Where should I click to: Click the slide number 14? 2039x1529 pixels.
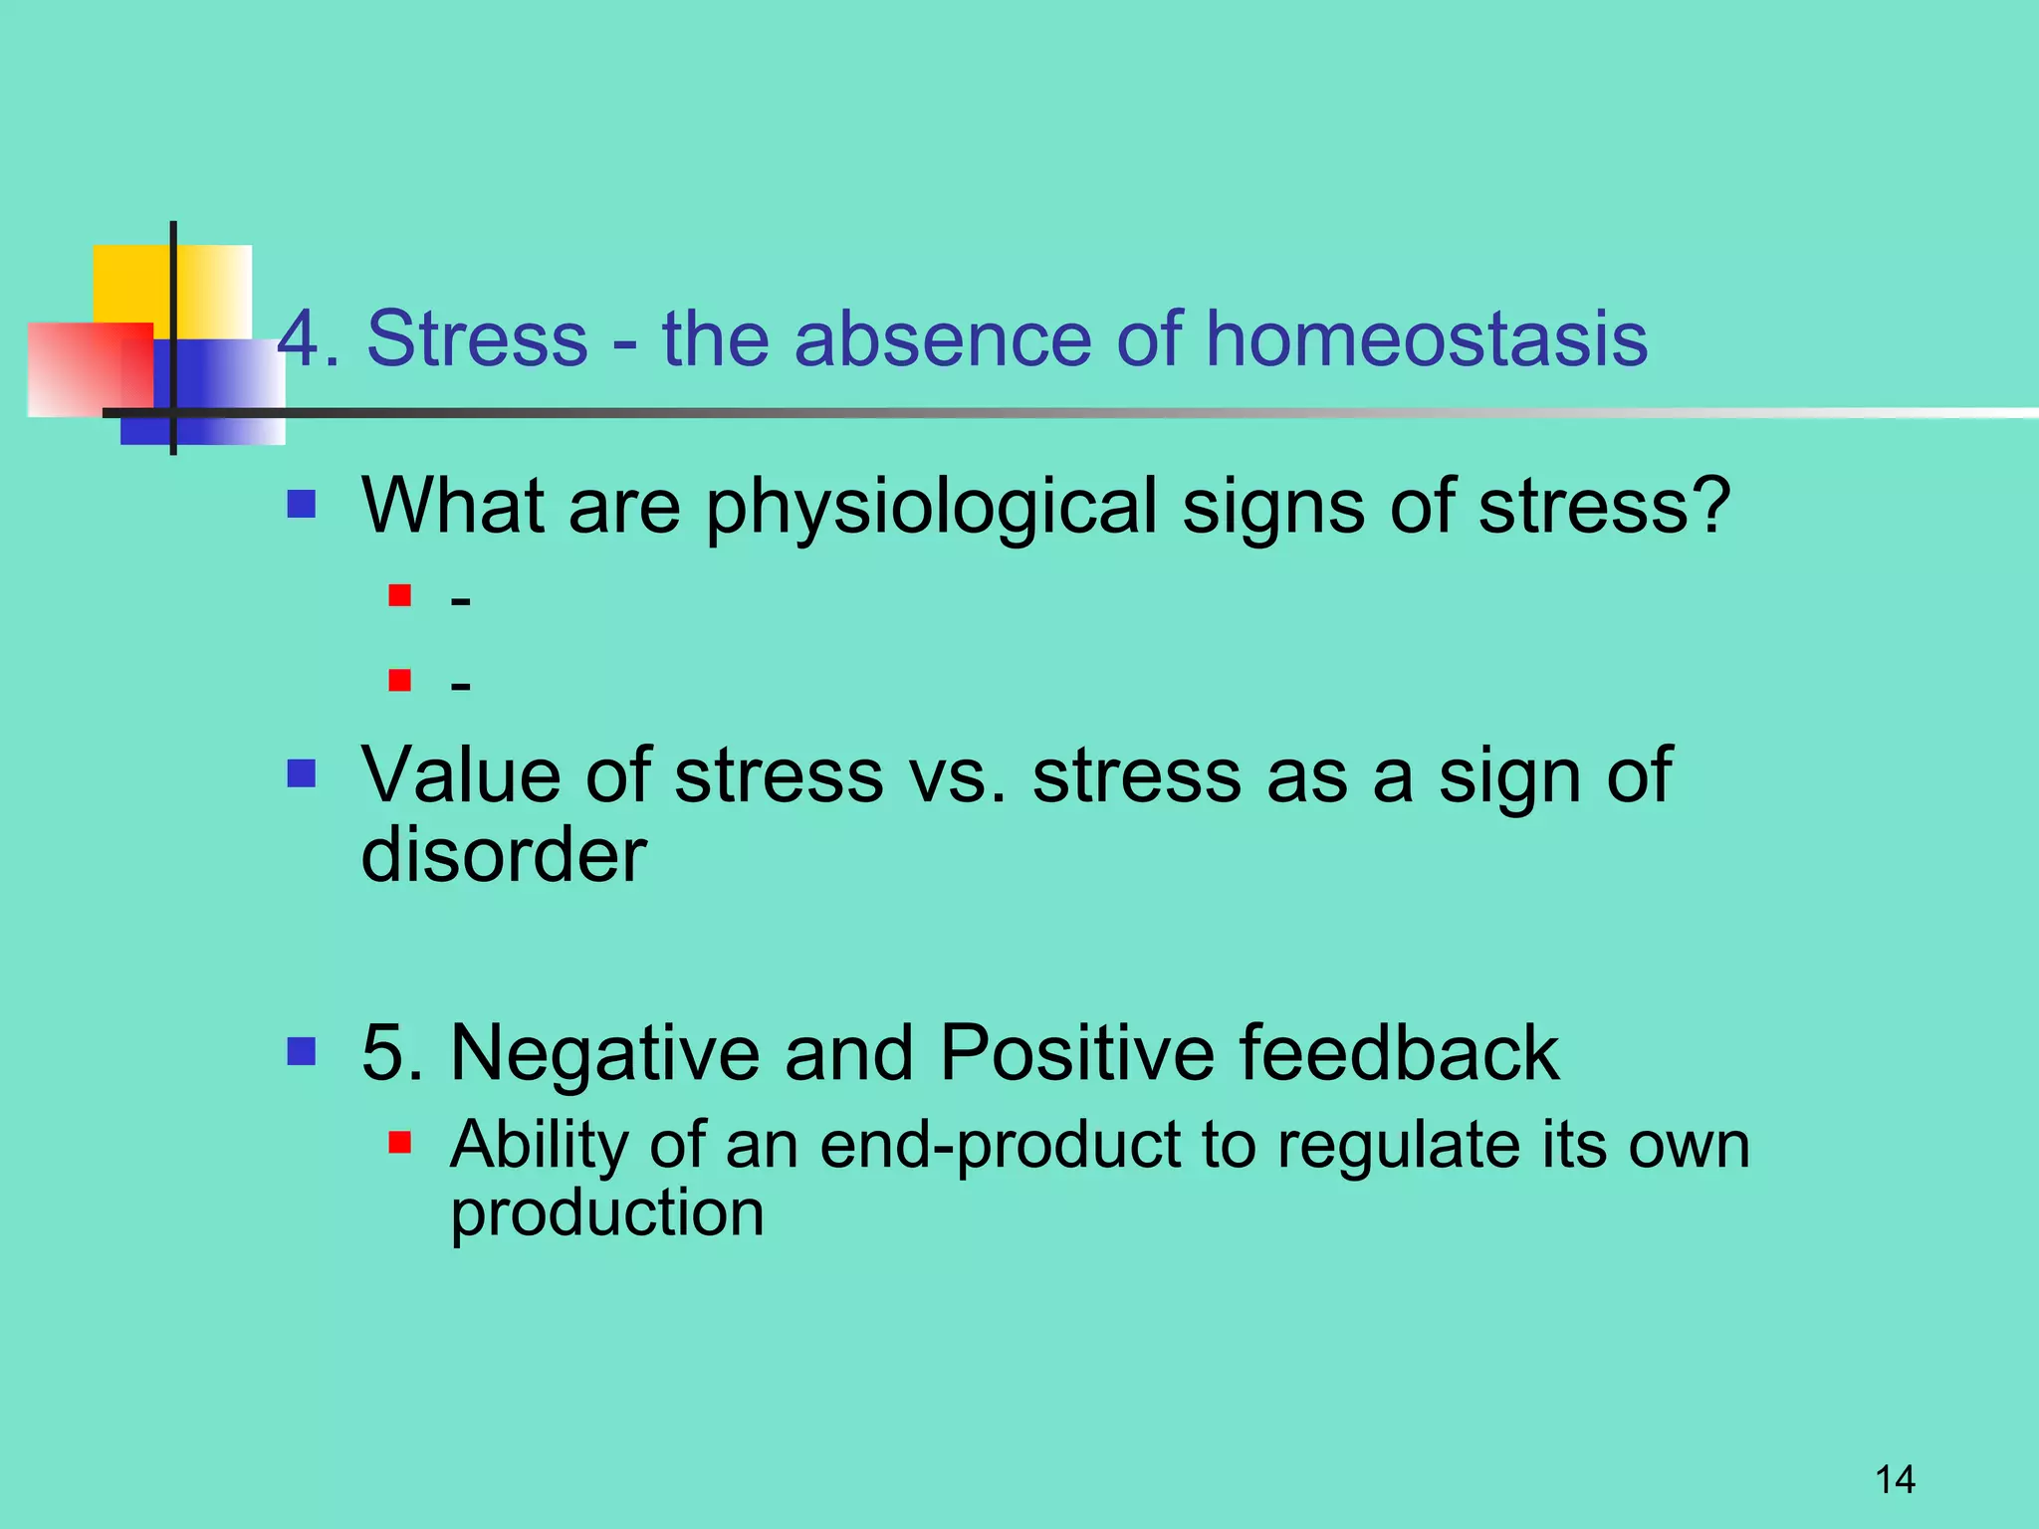point(1895,1479)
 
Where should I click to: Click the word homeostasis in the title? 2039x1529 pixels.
point(1426,339)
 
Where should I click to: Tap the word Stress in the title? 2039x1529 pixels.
point(477,339)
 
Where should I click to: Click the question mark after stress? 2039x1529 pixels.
point(1710,505)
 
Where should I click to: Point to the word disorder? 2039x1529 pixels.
point(503,855)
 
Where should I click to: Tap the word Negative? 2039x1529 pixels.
point(603,1054)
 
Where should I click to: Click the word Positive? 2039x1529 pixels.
point(1075,1053)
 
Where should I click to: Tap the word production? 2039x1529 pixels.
point(606,1214)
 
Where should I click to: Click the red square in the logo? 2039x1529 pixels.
point(80,369)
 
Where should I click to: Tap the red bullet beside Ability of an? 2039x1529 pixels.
point(400,1142)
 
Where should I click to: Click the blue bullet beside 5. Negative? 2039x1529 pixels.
point(301,1051)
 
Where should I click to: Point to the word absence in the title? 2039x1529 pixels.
point(942,339)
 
